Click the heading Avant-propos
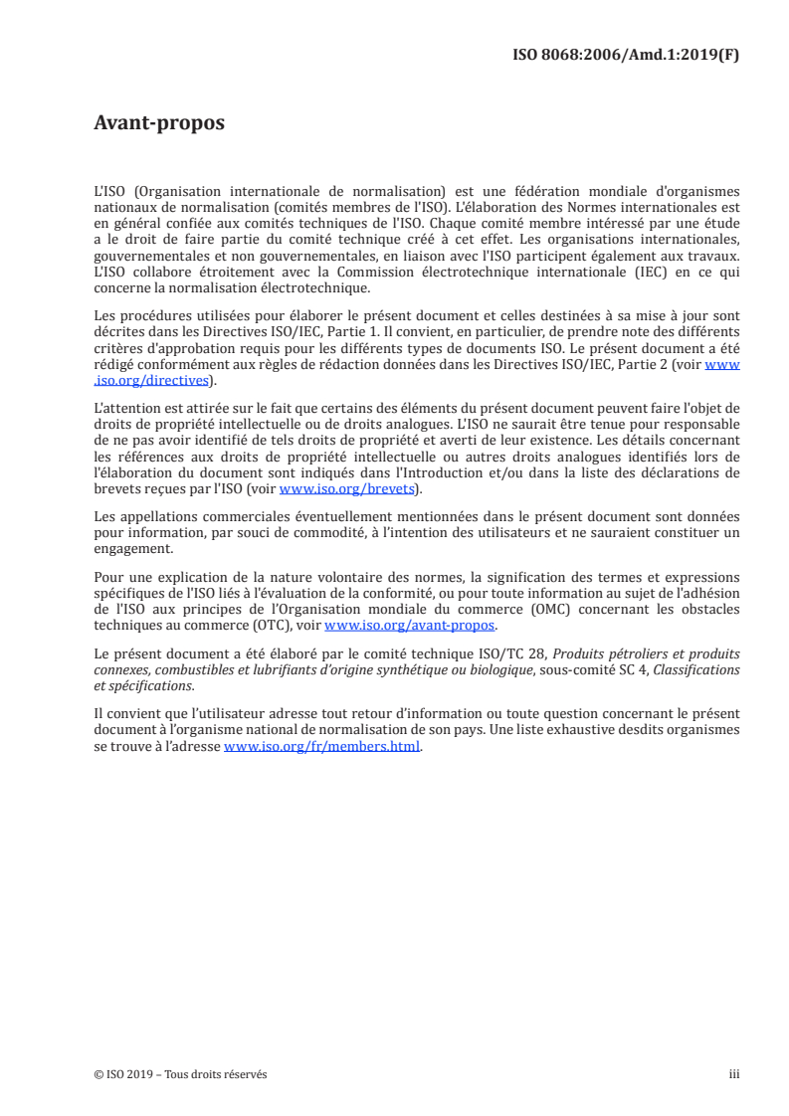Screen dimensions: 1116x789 pos(159,123)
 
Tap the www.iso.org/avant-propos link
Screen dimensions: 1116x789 pos(410,626)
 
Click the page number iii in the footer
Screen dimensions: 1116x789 pos(734,1074)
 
